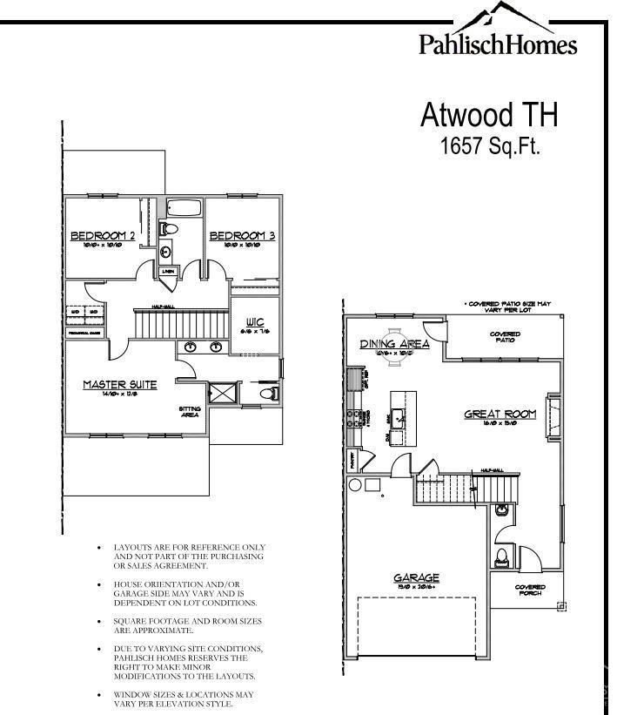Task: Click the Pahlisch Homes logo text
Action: [x=497, y=44]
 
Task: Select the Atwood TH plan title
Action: [x=488, y=114]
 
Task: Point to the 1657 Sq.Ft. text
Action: [x=491, y=145]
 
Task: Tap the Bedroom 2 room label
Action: [x=103, y=236]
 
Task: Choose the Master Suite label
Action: [x=120, y=384]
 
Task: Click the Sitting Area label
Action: [x=189, y=411]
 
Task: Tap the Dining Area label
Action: [x=396, y=344]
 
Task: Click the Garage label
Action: [x=416, y=577]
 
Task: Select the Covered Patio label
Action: [x=505, y=337]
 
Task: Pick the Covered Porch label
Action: [x=530, y=590]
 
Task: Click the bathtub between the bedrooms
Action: [x=183, y=209]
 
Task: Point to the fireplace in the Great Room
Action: [x=552, y=408]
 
